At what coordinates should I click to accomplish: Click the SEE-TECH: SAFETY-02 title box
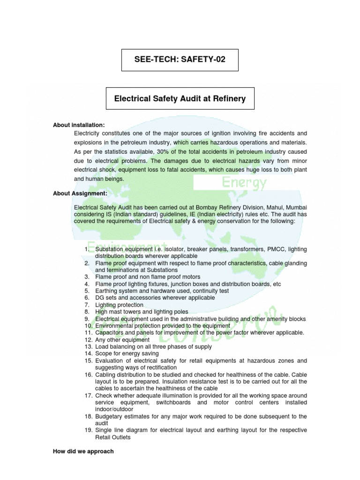pos(180,60)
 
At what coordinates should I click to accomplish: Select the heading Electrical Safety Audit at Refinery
pos(180,99)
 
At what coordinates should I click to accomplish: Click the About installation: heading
pos(79,125)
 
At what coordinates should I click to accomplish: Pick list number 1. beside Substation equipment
pos(87,249)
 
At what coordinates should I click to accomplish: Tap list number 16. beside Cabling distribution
pos(89,375)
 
